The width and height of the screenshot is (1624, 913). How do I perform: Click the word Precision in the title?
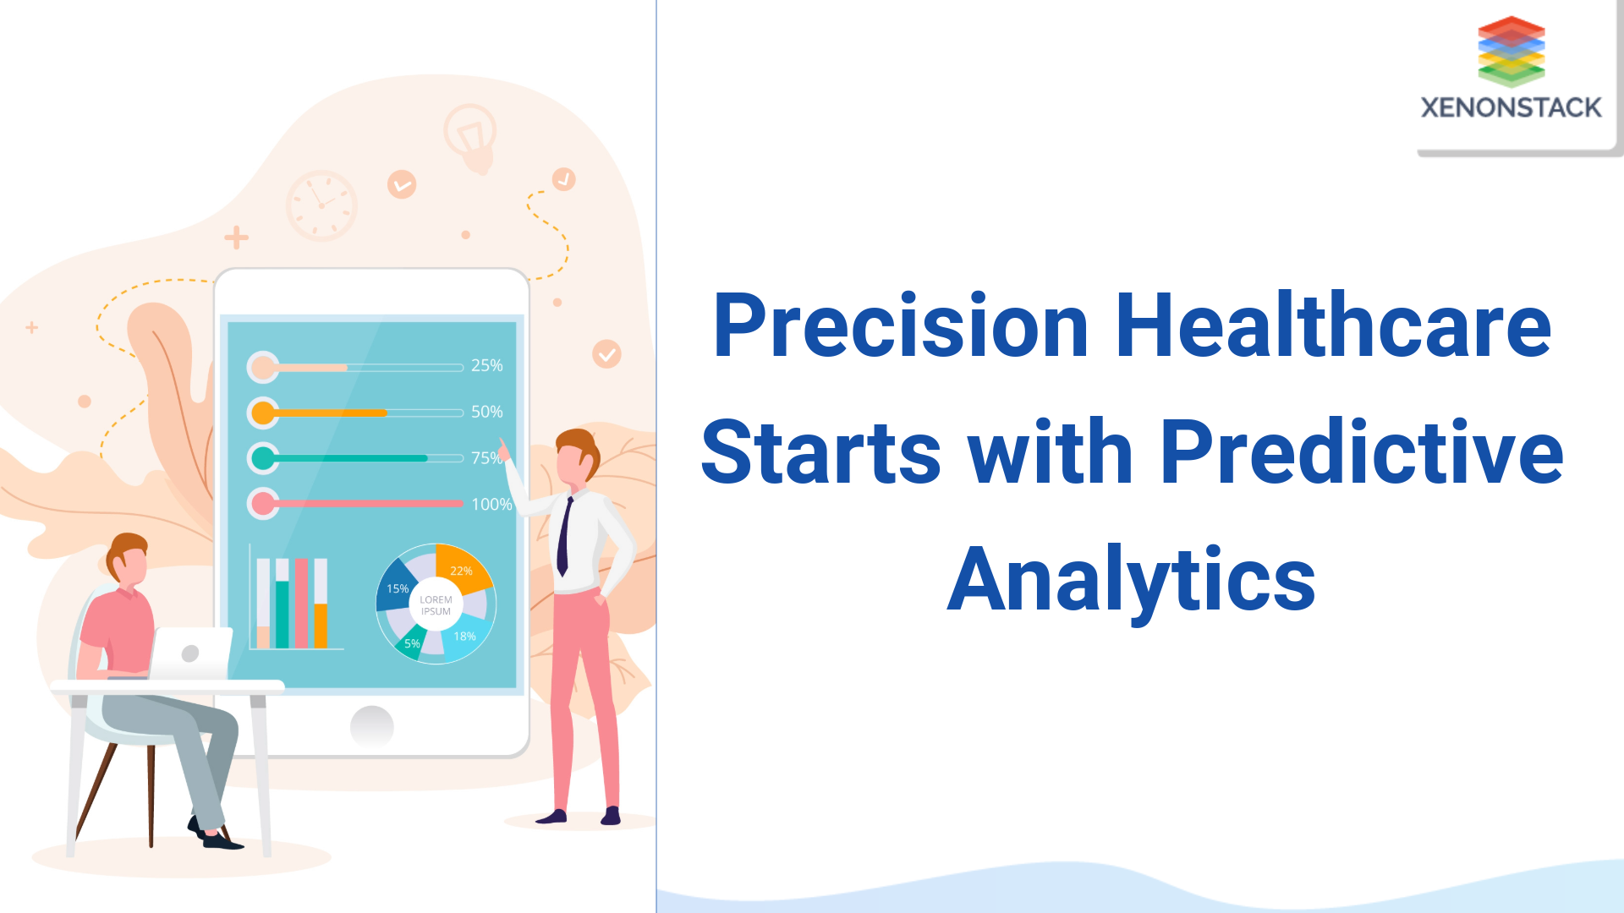click(900, 326)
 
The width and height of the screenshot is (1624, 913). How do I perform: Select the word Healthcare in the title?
click(1333, 326)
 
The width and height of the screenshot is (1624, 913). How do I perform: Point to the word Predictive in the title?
click(1361, 453)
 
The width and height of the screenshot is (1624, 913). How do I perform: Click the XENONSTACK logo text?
click(1511, 108)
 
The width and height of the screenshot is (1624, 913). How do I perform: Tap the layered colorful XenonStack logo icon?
click(1511, 51)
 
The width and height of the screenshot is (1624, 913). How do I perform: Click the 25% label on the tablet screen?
click(486, 365)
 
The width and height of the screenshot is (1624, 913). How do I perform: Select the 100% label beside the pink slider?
click(491, 504)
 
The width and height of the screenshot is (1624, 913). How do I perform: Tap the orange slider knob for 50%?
click(263, 413)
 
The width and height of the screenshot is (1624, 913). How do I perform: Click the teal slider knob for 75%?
click(263, 458)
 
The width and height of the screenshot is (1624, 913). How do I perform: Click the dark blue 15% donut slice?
click(395, 588)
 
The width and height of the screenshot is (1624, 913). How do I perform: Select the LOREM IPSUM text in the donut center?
click(436, 605)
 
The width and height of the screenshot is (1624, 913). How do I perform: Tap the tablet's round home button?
click(371, 725)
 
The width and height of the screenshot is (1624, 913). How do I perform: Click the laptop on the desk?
click(193, 653)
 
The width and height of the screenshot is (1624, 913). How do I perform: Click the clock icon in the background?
click(321, 205)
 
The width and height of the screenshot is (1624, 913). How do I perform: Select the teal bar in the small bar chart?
click(283, 613)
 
